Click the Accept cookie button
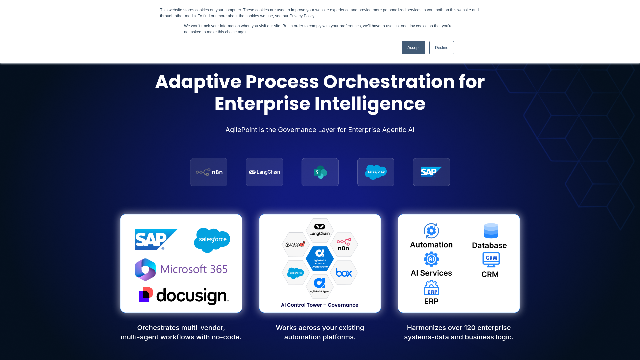pos(413,48)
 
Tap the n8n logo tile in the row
pos(209,172)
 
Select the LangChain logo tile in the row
pos(264,172)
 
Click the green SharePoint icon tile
pos(320,172)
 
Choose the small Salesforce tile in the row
pos(376,172)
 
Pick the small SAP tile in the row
pos(431,172)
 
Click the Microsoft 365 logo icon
pos(145,269)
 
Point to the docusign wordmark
pos(192,296)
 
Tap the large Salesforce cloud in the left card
pos(212,240)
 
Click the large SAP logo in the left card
pos(156,239)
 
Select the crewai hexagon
pos(295,244)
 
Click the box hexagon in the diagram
pos(344,273)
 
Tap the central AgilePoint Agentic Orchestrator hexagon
pos(320,258)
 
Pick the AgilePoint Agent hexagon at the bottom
pos(320,286)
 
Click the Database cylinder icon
pos(491,231)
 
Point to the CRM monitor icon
pos(491,259)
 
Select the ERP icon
pos(431,288)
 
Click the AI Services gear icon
pos(431,259)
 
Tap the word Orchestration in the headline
pos(389,82)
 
